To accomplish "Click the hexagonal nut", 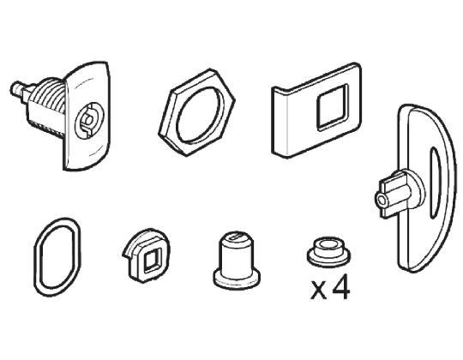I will click(175, 119).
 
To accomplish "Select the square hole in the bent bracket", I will click(328, 111).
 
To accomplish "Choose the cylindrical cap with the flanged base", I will click(235, 258).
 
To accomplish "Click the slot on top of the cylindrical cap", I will click(235, 237).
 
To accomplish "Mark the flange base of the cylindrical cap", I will click(235, 278).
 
